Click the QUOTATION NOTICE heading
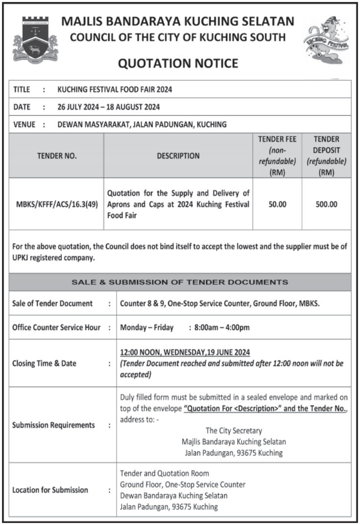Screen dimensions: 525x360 point(179,63)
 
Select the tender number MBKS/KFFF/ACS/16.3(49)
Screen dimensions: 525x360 point(57,204)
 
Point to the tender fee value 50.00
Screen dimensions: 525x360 point(277,204)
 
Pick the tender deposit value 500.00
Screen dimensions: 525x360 point(326,204)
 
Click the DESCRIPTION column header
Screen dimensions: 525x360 point(178,156)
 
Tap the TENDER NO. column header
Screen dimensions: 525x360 point(57,156)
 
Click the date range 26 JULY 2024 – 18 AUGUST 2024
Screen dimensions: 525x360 point(108,107)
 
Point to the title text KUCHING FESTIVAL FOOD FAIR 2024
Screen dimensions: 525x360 point(115,90)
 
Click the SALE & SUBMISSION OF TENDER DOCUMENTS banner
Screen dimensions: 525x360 point(180,282)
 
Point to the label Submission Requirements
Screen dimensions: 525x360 point(53,425)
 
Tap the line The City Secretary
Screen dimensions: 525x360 point(234,431)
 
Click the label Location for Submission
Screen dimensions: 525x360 point(50,490)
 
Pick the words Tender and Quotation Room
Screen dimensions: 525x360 point(165,473)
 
